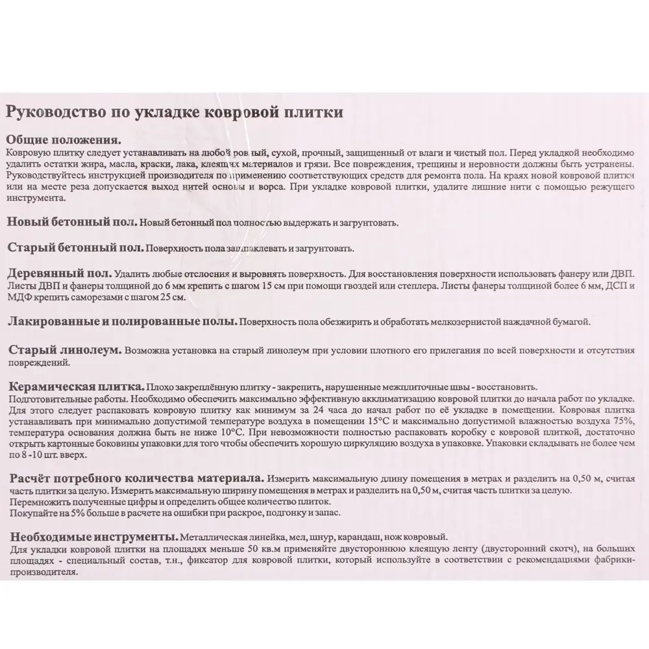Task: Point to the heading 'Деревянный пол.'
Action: pos(58,273)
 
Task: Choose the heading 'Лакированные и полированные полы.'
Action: pos(121,321)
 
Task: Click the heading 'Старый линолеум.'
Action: pos(64,350)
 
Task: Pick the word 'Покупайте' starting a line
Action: pos(32,513)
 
